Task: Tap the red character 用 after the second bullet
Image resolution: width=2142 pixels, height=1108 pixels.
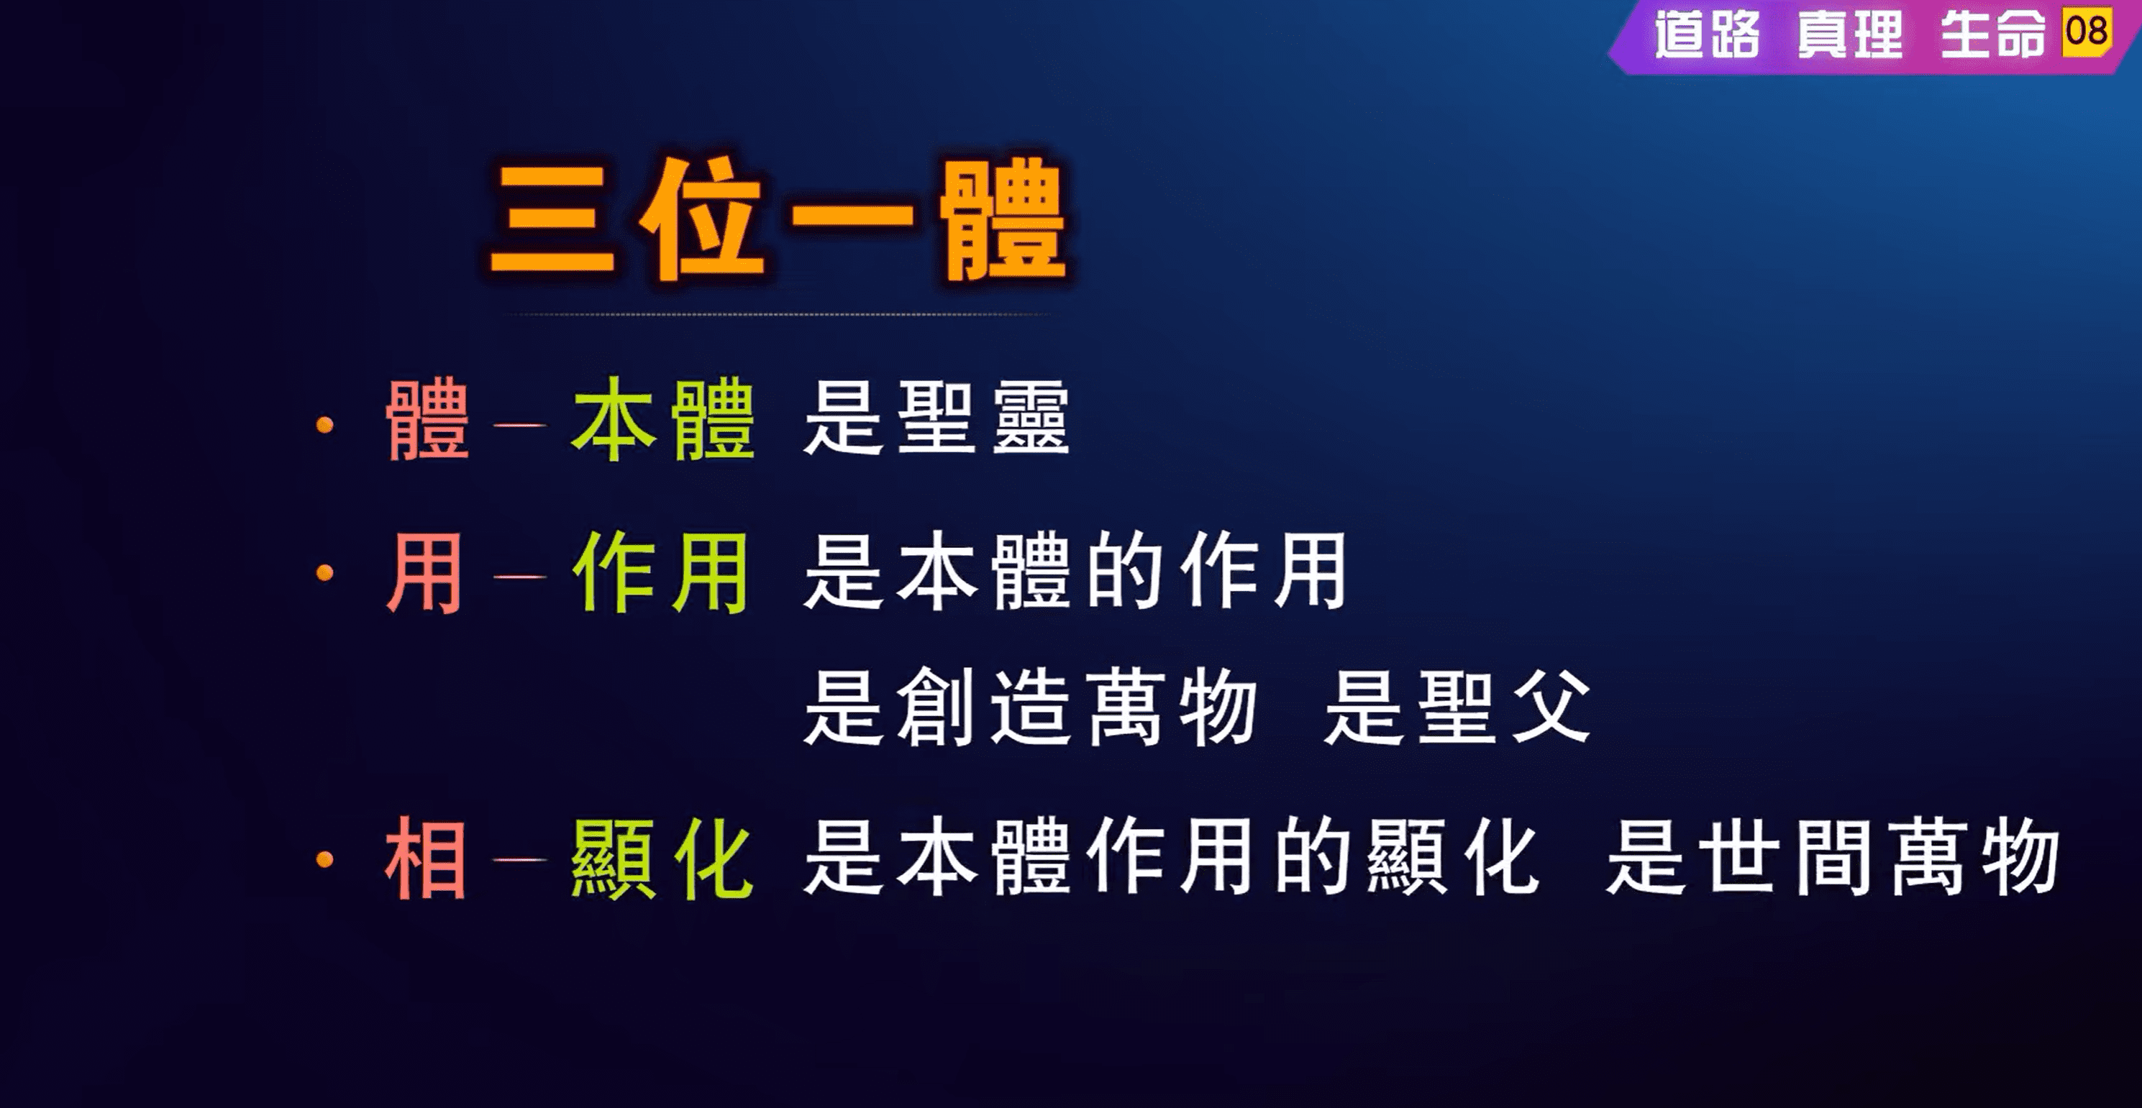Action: click(424, 573)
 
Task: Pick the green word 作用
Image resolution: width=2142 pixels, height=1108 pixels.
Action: click(660, 573)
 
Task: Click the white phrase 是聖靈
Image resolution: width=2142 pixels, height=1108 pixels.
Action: click(936, 417)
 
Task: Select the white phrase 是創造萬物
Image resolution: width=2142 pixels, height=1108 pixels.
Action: click(1030, 708)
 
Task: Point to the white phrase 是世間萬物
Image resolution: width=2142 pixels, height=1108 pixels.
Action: click(1833, 857)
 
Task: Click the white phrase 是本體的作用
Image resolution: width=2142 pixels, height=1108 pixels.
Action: click(1075, 571)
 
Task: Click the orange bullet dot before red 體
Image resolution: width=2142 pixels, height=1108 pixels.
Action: click(325, 426)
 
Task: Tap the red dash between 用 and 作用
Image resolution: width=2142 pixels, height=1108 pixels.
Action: click(520, 575)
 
